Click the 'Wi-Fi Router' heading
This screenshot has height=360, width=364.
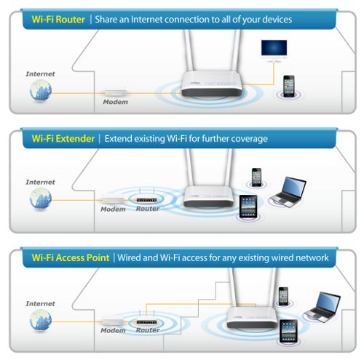click(x=58, y=20)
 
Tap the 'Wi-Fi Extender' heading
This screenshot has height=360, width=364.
click(x=63, y=139)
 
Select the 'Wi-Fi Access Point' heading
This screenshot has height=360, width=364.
click(x=71, y=257)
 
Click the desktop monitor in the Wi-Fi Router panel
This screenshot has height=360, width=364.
click(x=274, y=50)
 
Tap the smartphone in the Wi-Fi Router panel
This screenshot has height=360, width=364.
click(x=289, y=87)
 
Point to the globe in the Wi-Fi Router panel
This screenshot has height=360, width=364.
click(x=41, y=91)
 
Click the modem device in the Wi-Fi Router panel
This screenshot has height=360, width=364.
click(x=116, y=93)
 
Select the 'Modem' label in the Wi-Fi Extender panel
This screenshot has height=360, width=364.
click(x=113, y=209)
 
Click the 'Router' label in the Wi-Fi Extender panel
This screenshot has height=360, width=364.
click(x=148, y=209)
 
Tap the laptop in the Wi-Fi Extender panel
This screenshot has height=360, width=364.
click(x=288, y=192)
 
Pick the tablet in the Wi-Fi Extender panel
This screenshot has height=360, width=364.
click(x=248, y=207)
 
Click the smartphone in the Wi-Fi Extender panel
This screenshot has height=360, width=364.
click(x=256, y=177)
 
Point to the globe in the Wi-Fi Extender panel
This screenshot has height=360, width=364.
click(x=41, y=199)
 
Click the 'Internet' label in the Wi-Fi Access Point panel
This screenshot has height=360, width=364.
click(x=40, y=303)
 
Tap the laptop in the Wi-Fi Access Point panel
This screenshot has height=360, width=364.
click(x=323, y=308)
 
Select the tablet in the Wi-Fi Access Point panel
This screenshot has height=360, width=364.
click(x=288, y=331)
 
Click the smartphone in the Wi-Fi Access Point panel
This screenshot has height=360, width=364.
click(x=283, y=296)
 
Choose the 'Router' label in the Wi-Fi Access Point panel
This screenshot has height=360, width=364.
click(x=148, y=330)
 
